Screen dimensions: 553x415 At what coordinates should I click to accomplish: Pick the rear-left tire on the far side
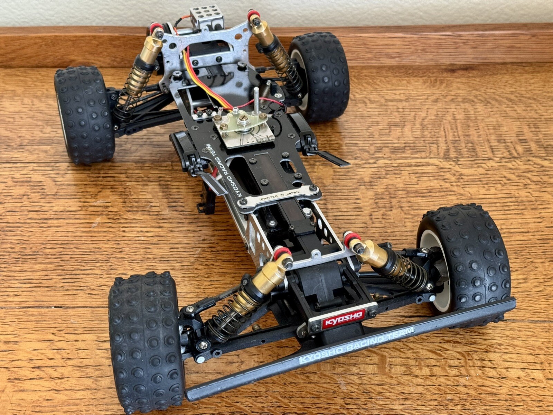[x=84, y=115]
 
